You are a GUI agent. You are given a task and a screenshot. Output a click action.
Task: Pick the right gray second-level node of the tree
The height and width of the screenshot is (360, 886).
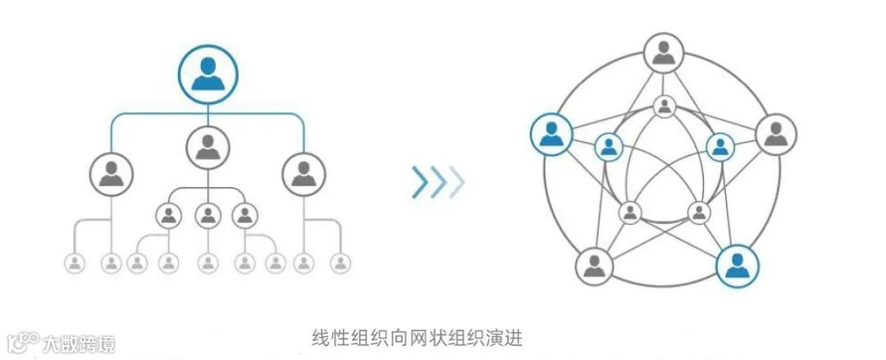coord(304,174)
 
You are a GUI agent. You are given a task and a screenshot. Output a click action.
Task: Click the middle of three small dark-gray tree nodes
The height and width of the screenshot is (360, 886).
coord(208,216)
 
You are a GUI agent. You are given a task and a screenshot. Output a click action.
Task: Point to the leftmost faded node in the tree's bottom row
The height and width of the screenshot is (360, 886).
coord(75,263)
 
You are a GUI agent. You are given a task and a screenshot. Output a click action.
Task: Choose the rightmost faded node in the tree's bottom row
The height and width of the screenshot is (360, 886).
coord(340,263)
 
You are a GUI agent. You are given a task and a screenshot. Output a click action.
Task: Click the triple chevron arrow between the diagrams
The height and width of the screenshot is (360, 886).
coord(437,182)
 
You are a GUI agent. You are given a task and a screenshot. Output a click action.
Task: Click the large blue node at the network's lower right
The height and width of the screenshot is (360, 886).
coord(737,264)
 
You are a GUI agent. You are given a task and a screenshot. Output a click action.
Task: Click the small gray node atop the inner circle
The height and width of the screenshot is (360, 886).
coord(664,106)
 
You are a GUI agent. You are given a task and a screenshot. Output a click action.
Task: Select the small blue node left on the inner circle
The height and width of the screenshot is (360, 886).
coord(608,147)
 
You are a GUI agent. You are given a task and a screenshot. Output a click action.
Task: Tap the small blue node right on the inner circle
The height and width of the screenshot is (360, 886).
coord(719,147)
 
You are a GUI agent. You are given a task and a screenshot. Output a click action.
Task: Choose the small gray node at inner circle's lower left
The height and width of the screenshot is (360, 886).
coord(630,212)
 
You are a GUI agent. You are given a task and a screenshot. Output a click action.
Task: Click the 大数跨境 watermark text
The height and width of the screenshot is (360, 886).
coord(79,342)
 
